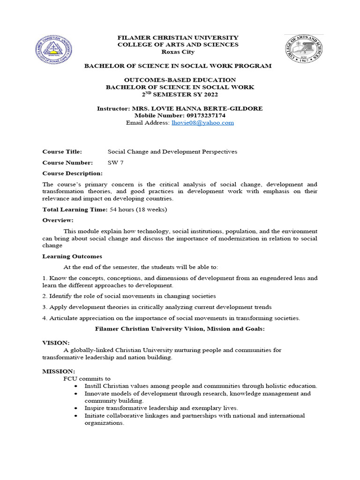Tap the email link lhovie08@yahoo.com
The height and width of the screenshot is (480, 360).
(202, 123)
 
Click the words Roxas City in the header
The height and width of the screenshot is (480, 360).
(177, 52)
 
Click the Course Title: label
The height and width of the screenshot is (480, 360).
(62, 152)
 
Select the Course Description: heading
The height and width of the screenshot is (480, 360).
(72, 173)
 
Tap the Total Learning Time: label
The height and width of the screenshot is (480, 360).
(75, 210)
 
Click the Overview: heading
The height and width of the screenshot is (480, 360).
(58, 220)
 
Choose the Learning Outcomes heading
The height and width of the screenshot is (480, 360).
(72, 256)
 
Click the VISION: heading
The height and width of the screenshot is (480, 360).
(56, 343)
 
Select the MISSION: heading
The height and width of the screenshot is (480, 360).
(59, 371)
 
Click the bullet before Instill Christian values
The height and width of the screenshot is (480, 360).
(76, 386)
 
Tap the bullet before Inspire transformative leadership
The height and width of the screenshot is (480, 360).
(76, 408)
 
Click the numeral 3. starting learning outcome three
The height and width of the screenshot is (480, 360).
(45, 307)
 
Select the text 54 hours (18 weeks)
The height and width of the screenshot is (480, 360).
(138, 210)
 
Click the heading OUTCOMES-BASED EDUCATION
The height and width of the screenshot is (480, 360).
(180, 80)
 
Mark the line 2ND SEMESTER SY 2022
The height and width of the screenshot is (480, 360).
(180, 94)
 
